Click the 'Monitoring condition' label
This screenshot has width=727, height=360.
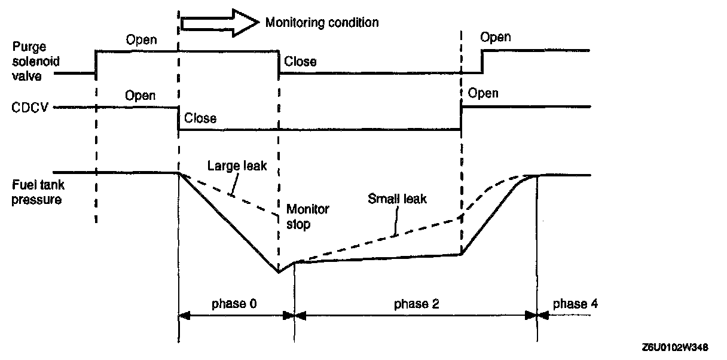point(322,23)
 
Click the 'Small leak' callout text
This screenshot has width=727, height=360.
point(398,199)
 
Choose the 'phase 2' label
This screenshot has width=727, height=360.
point(416,303)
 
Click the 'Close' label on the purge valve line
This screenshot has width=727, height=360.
point(300,61)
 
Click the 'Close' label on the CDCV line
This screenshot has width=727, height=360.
point(200,118)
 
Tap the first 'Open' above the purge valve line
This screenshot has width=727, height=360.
point(141,40)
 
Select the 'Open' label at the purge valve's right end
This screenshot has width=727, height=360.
point(496,38)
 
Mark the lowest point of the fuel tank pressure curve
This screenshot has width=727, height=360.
point(279,273)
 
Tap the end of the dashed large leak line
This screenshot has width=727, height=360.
point(278,215)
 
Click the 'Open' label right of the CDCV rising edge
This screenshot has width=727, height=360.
point(483,93)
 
